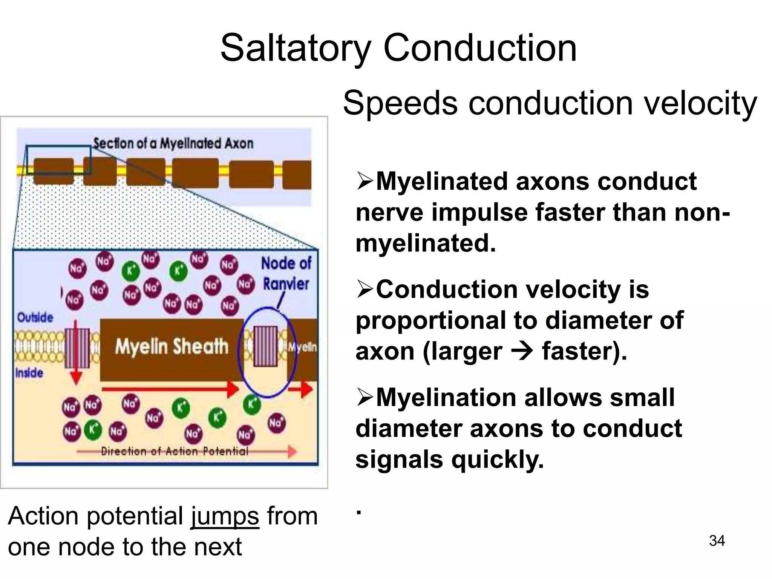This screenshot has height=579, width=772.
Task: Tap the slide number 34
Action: [x=717, y=541]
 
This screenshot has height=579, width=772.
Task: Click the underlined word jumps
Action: [x=225, y=516]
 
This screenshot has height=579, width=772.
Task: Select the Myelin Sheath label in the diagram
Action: [x=172, y=346]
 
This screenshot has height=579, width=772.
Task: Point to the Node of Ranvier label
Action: [x=286, y=274]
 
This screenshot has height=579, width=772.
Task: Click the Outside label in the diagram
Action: [x=35, y=317]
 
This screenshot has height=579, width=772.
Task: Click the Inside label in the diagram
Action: [x=29, y=373]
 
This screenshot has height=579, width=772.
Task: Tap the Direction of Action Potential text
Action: [x=175, y=451]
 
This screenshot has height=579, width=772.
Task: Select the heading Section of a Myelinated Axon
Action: [x=173, y=143]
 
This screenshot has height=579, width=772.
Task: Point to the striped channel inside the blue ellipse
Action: [x=265, y=346]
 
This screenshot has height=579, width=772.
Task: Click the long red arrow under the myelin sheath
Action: [x=170, y=389]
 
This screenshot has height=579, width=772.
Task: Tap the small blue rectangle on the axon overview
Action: [x=58, y=160]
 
